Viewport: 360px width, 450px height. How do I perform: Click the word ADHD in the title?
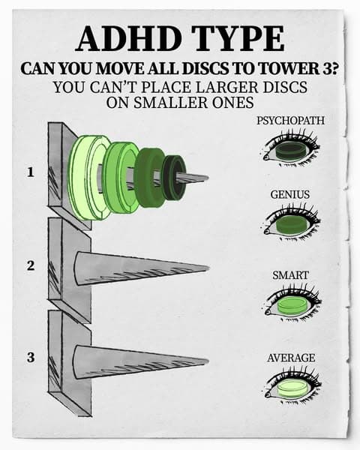(129, 39)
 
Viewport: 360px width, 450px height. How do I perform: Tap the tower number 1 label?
(30, 172)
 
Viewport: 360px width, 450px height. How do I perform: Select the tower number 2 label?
(31, 265)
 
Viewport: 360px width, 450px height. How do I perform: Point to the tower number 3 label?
(31, 357)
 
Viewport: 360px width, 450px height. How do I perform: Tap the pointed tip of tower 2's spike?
(209, 268)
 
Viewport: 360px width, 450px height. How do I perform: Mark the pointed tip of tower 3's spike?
(208, 361)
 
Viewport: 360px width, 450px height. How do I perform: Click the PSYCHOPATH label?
(290, 120)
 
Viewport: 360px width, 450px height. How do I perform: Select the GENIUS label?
(290, 194)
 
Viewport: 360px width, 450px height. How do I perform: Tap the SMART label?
(290, 275)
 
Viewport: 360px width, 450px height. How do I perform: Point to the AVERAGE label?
(291, 358)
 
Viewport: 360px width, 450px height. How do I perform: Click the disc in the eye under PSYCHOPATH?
(290, 151)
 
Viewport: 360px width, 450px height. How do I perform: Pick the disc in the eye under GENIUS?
(290, 225)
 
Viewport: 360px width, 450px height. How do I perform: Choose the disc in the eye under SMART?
(292, 306)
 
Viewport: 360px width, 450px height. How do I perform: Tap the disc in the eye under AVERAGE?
(292, 388)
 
